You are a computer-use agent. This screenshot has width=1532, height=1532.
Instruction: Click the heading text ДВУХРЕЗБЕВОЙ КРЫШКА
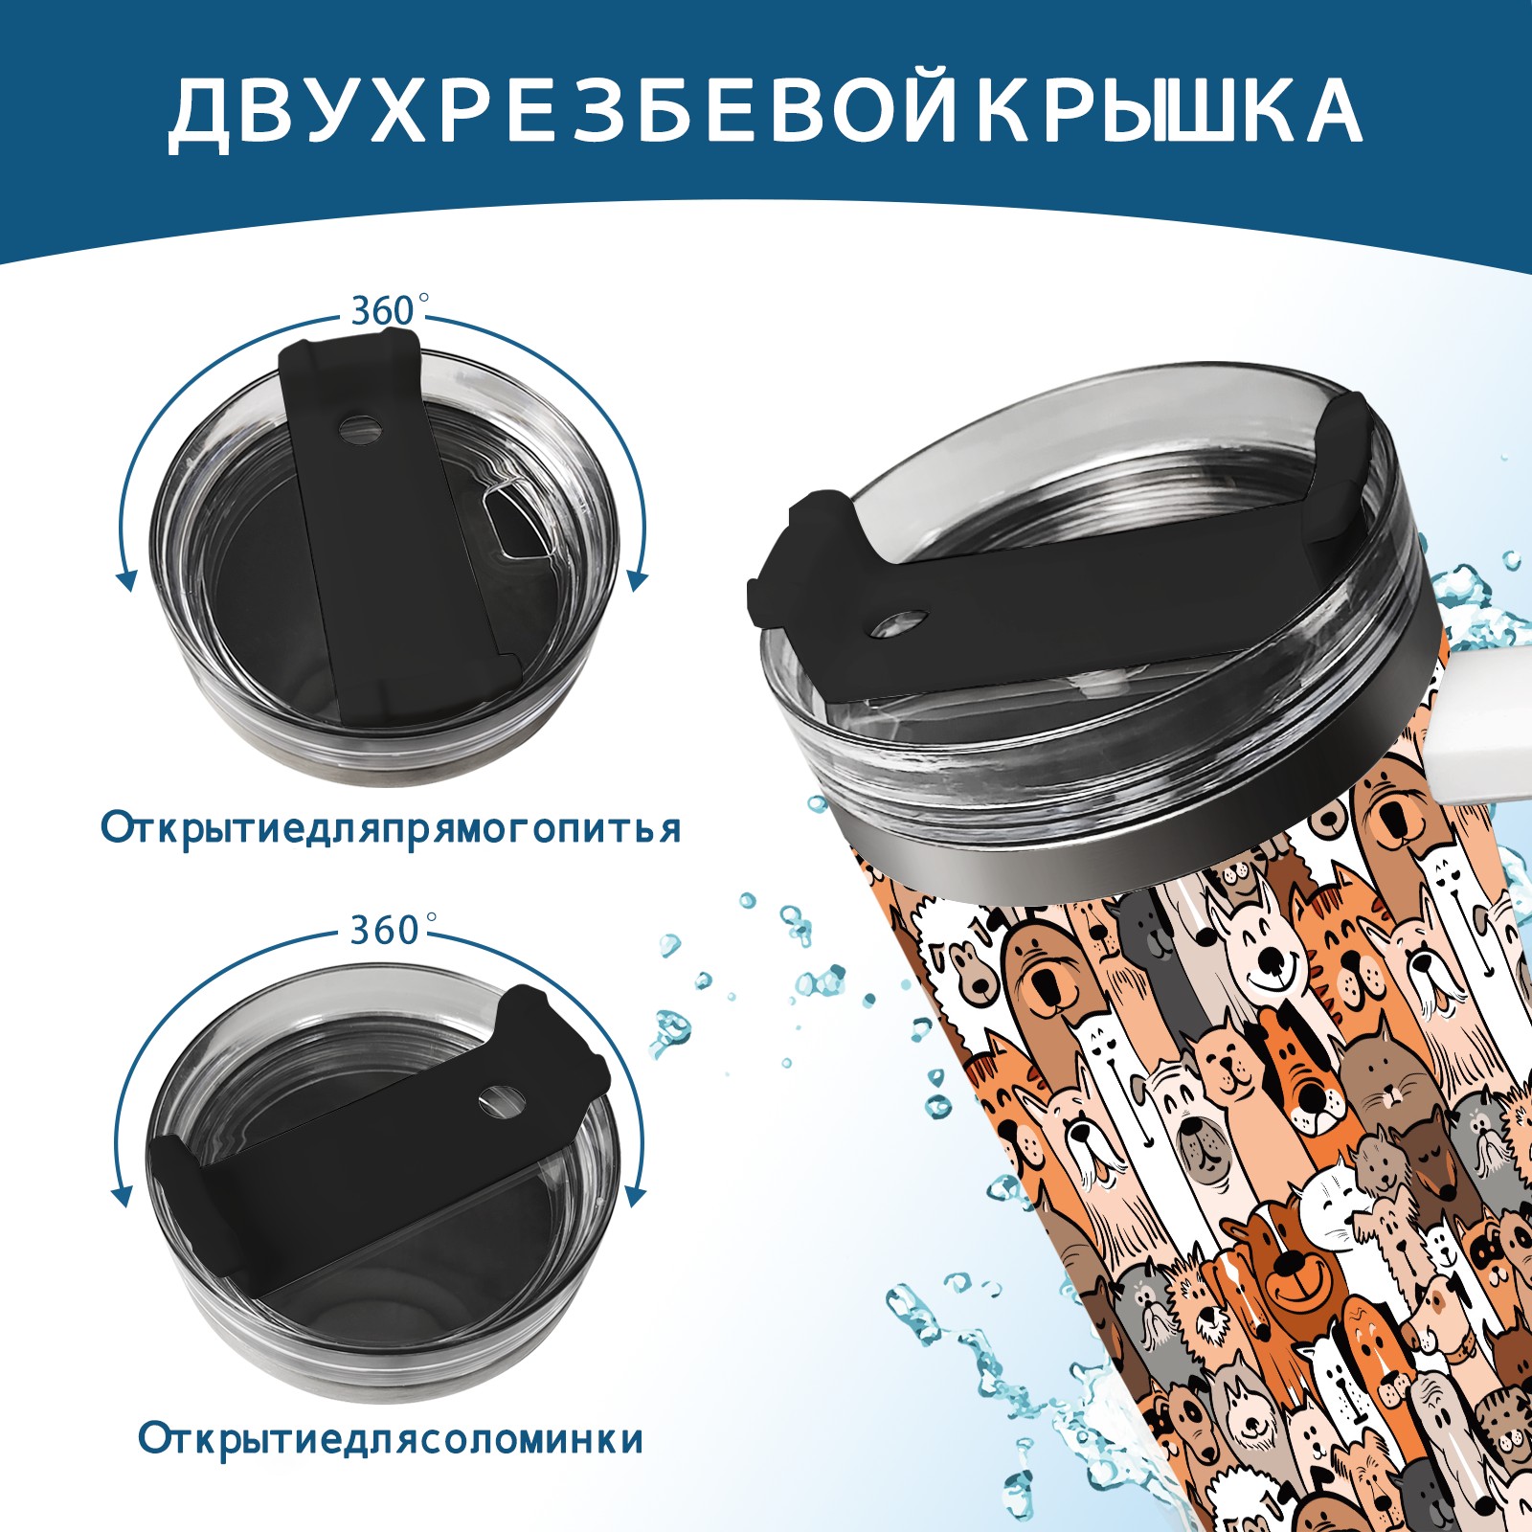pyautogui.click(x=765, y=112)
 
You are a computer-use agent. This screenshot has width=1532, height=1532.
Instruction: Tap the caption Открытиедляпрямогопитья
pyautogui.click(x=391, y=828)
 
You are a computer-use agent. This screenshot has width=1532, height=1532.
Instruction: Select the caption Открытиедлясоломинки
pyautogui.click(x=391, y=1439)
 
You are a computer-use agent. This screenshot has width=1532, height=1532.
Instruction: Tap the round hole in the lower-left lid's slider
pyautogui.click(x=498, y=1101)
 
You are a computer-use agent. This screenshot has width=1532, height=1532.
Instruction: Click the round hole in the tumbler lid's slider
pyautogui.click(x=900, y=622)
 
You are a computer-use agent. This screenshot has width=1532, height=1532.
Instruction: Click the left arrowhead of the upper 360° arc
pyautogui.click(x=125, y=579)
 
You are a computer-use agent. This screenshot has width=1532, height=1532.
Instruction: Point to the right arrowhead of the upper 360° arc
pyautogui.click(x=639, y=579)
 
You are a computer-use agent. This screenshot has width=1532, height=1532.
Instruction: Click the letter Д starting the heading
pyautogui.click(x=199, y=114)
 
